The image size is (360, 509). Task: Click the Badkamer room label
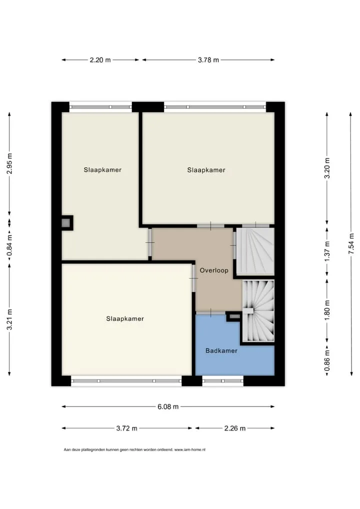point(221,350)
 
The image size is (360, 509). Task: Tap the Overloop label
point(214,270)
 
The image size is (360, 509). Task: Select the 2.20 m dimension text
point(100,60)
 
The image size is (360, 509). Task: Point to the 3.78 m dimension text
point(208,60)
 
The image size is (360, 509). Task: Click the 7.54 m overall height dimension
point(351,244)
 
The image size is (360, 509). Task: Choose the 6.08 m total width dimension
point(168,406)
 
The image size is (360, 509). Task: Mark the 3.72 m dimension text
point(127,428)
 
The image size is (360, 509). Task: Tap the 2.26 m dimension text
point(235,428)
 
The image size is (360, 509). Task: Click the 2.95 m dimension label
point(9,163)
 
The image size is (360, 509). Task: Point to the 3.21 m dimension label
point(9,319)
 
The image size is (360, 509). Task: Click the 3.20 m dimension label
point(327,168)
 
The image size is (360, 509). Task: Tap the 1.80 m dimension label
point(327,308)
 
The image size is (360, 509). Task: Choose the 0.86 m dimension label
point(327,360)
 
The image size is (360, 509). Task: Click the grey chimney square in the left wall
point(66,223)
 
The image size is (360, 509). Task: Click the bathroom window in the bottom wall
point(222,381)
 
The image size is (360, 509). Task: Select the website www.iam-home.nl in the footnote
point(190,450)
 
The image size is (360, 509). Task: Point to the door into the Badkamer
point(210,312)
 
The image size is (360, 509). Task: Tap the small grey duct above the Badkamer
point(234,316)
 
